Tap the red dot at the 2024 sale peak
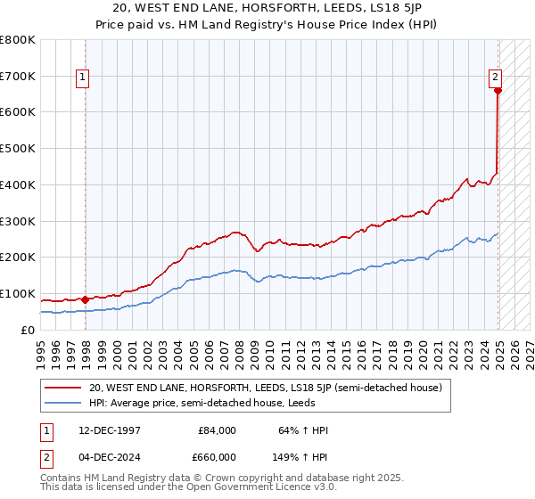point(498,90)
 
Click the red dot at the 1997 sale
point(85,299)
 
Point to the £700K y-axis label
point(18,77)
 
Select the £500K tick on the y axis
point(18,149)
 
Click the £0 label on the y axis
point(29,330)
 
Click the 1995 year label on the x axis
point(41,347)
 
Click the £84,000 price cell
point(218,430)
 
